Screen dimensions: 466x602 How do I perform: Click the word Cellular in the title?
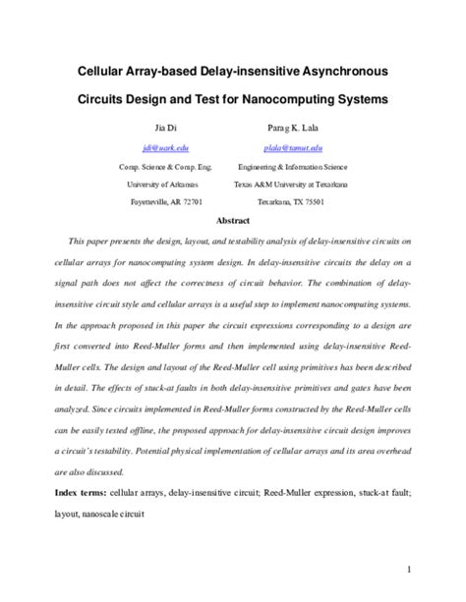click(109, 72)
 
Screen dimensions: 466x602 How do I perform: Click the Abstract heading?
click(232, 221)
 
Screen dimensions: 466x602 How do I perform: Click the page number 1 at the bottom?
click(434, 568)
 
